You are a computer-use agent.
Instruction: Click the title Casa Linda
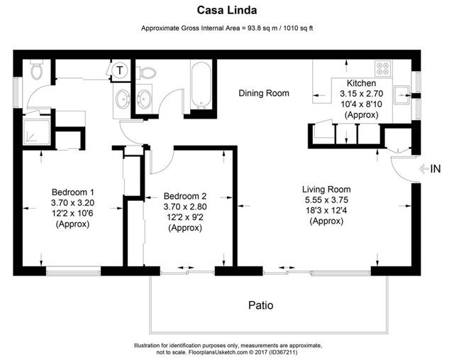226,11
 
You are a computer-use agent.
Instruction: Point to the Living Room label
326,190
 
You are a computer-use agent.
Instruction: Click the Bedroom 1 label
73,192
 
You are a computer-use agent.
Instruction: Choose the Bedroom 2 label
184,197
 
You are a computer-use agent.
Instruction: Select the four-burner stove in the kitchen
384,70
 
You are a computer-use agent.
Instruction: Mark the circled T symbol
121,70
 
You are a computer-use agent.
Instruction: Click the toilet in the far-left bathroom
38,71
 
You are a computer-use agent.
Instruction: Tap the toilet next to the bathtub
146,72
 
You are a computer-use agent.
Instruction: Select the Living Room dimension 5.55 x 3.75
326,200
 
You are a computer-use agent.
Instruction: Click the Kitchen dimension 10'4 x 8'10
360,104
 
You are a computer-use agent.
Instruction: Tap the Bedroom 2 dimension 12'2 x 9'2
184,218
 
